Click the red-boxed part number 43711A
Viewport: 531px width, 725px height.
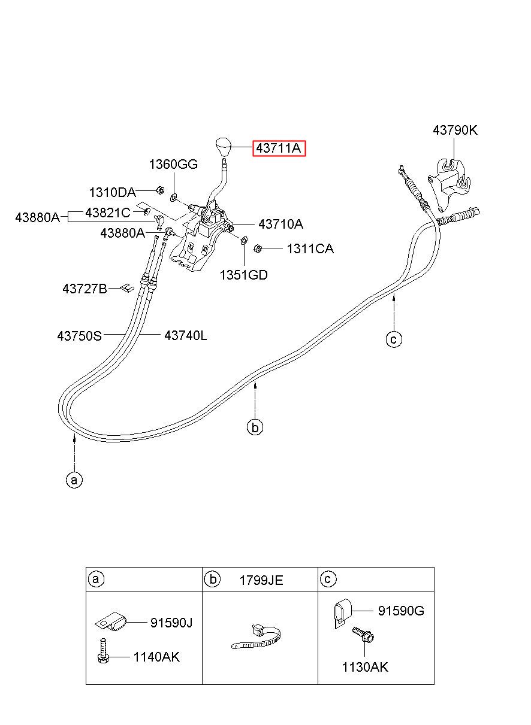279,148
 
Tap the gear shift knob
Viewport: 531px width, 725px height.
224,147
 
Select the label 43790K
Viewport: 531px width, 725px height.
455,130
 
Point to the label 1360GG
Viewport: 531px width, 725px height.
173,165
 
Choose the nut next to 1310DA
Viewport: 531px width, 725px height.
160,190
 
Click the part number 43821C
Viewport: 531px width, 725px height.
107,213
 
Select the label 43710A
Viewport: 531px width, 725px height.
280,224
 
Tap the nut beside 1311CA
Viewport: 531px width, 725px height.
257,248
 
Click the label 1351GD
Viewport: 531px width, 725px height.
244,275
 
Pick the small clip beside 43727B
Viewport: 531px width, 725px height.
126,287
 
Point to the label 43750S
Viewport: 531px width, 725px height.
79,336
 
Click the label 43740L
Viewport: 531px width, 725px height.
185,335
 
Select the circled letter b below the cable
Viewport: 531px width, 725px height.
255,427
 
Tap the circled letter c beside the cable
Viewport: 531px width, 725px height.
394,339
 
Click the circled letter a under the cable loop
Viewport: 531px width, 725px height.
74,480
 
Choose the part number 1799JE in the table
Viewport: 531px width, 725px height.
261,580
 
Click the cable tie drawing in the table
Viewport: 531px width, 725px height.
256,636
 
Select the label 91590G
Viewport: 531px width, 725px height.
401,611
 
